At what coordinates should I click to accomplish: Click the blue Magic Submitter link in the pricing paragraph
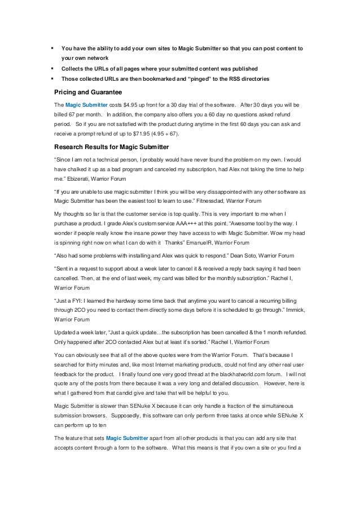tap(82, 105)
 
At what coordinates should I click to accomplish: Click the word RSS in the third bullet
tap(242, 78)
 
